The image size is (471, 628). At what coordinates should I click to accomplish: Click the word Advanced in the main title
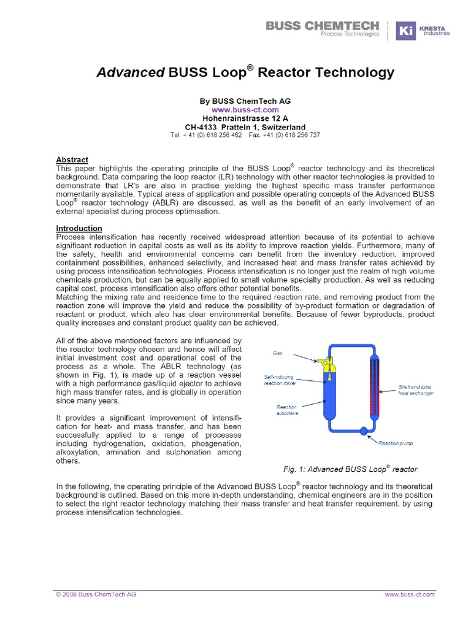(x=130, y=73)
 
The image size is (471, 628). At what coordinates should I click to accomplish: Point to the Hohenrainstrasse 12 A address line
(x=245, y=118)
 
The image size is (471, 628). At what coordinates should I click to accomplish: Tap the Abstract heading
(x=72, y=159)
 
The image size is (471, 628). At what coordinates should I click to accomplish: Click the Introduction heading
(x=78, y=228)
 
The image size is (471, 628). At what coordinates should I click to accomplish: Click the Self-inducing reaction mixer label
(x=279, y=380)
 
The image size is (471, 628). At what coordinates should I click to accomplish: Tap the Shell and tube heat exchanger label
(x=416, y=390)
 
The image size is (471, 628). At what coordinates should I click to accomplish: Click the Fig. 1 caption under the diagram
(x=350, y=469)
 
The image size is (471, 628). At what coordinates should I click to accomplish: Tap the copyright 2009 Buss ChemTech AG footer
(x=96, y=594)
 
